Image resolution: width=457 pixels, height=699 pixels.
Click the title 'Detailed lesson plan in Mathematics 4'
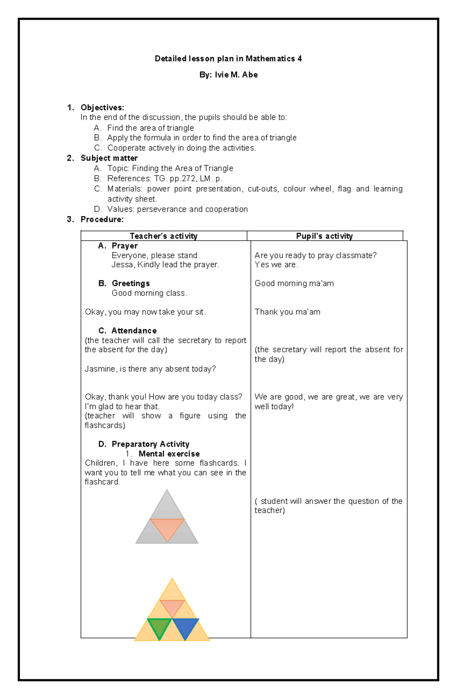tap(228, 59)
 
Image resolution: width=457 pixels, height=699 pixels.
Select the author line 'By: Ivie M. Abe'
tap(228, 75)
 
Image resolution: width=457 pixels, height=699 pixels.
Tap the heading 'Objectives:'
tap(102, 108)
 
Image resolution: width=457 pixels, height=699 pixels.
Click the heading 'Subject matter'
tap(109, 158)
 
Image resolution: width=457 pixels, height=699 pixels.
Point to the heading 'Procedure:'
tap(102, 219)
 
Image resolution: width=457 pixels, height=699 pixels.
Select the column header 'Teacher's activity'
tap(164, 236)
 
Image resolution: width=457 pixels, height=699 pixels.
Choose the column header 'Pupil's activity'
tap(324, 236)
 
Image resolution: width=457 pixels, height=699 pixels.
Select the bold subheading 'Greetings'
tap(131, 283)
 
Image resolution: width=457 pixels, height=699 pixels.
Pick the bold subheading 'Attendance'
tap(134, 331)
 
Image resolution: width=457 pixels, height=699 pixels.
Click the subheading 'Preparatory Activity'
tap(150, 444)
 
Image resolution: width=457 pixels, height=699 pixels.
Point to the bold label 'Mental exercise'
tap(169, 454)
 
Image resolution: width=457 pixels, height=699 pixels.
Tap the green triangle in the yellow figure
tap(159, 627)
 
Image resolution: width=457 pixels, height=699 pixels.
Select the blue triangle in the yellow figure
tap(185, 627)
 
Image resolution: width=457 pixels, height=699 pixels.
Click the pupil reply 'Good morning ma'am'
tap(294, 283)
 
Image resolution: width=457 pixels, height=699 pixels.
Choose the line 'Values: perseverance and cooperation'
tap(177, 210)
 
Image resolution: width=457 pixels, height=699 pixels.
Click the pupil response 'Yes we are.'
tap(276, 265)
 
